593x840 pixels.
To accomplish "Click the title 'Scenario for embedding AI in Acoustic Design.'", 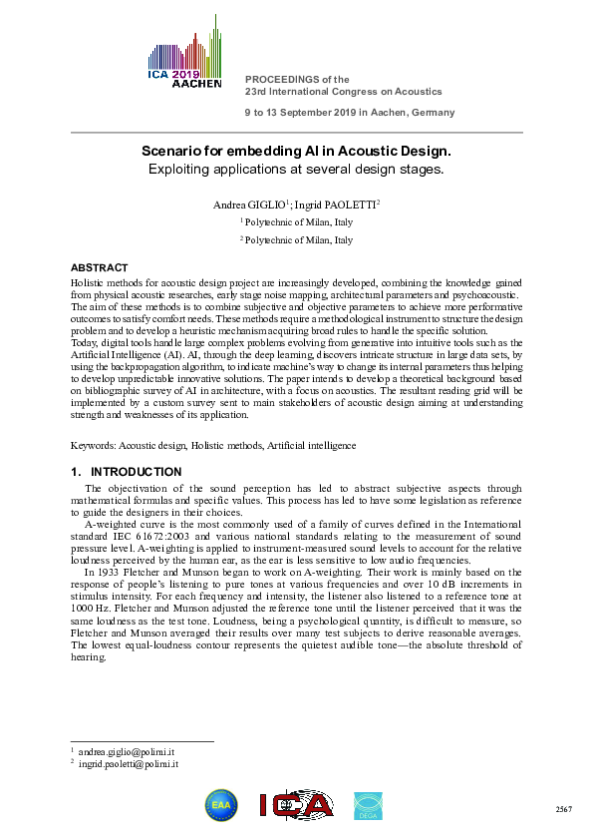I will point(295,151).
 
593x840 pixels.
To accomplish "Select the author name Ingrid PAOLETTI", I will point(336,205).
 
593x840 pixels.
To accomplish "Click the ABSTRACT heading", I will point(99,268).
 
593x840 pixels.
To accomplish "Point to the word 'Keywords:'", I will point(93,444).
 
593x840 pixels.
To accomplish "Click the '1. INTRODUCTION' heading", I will point(126,472).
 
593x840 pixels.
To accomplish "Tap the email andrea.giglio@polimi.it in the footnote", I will point(125,750).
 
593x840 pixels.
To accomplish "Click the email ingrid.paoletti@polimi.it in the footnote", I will point(129,763).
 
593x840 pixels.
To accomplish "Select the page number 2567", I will point(563,807).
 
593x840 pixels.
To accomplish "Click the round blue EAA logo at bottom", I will point(220,805).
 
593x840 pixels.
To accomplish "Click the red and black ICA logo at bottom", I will point(295,805).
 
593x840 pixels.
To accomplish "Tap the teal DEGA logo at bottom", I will point(368,805).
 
